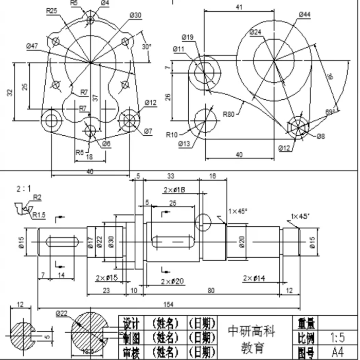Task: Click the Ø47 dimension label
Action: [32, 46]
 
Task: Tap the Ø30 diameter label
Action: [135, 16]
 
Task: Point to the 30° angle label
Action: [147, 47]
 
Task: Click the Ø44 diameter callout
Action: [304, 14]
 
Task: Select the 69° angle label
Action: [330, 112]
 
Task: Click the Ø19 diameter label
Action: [187, 37]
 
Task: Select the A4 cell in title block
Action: [337, 352]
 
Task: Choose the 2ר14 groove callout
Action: [254, 278]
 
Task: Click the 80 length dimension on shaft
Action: [211, 290]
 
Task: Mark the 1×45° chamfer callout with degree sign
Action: [238, 211]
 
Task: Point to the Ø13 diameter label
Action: [185, 144]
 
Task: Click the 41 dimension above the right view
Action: [239, 7]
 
